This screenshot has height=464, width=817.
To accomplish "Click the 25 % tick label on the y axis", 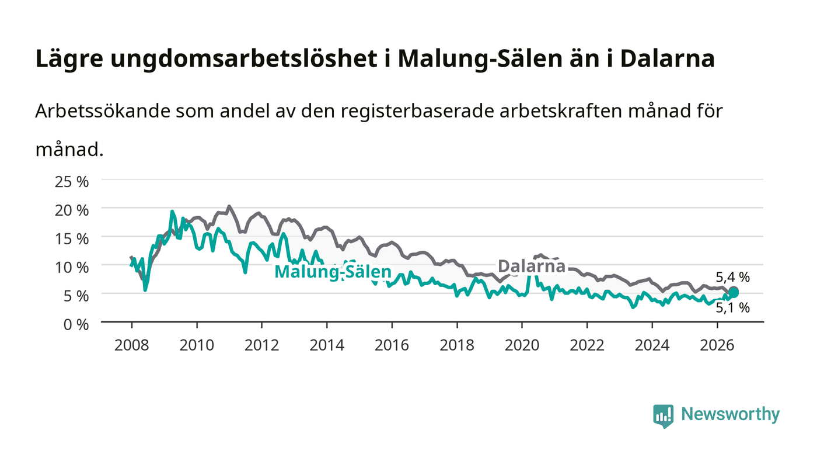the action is tap(71, 182).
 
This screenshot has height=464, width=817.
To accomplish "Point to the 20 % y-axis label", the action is tap(71, 210).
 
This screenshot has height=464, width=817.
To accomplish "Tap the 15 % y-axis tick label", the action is tap(71, 238).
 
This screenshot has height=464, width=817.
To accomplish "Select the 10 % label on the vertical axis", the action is tap(71, 267).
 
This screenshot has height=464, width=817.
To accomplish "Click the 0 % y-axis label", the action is tap(76, 324).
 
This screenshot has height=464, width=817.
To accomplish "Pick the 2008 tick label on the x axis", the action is tap(132, 345).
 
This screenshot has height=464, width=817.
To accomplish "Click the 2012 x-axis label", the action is tap(261, 345).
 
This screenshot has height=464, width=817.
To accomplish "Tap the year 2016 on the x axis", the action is tap(392, 345).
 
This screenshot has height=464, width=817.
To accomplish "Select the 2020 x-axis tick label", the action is tap(522, 345).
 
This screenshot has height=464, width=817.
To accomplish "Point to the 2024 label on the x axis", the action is tap(652, 345).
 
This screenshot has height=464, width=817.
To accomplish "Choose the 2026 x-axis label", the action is tap(717, 345).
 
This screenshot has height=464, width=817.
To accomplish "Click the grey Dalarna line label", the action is tap(532, 266).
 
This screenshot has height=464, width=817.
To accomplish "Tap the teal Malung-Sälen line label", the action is tap(333, 272).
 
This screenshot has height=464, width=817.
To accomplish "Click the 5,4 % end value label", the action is tap(733, 278).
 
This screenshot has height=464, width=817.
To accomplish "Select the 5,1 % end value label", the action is tap(733, 307).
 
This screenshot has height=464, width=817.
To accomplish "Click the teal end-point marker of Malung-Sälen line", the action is tap(734, 293).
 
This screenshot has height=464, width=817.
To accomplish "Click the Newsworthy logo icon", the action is tap(663, 416).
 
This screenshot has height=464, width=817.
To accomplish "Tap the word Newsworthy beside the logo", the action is tap(730, 414).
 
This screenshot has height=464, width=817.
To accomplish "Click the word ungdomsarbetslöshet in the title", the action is tap(244, 59).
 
